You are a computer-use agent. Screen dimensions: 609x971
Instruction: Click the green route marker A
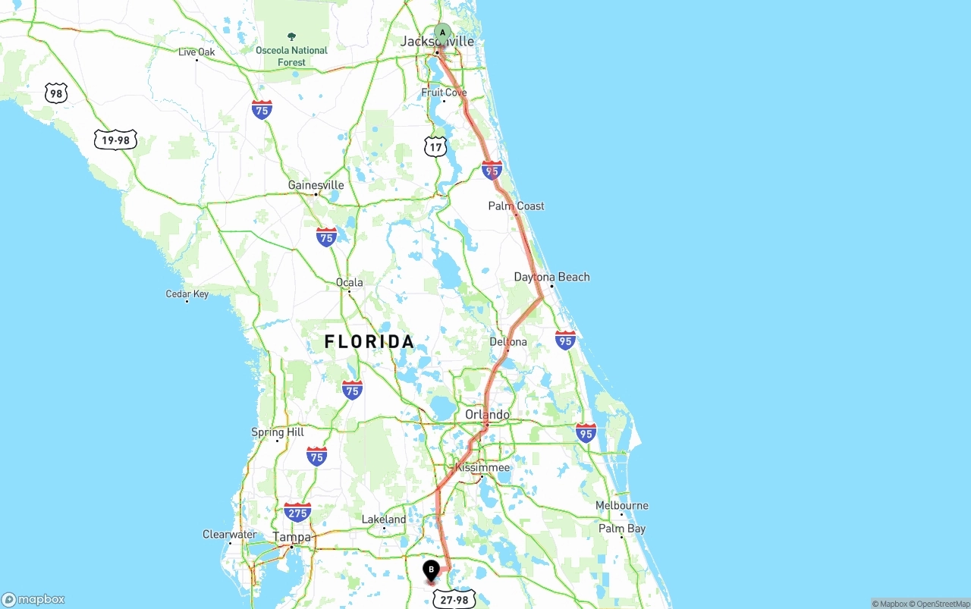pos(442,33)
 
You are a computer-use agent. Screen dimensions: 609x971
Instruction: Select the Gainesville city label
pos(316,185)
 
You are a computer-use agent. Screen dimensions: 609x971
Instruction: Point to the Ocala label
pos(350,282)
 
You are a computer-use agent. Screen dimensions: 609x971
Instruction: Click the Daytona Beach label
pos(551,277)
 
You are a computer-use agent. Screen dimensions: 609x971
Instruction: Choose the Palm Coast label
pos(516,206)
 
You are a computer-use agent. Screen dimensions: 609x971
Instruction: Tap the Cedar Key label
pos(187,294)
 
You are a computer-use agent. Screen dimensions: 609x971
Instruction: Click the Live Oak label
pos(196,52)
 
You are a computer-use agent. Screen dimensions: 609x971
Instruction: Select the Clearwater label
pos(229,534)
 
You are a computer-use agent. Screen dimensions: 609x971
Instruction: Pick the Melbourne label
pos(621,505)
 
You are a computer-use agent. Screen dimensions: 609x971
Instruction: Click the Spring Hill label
pos(278,432)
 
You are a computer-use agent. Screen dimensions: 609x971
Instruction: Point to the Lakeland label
pos(384,520)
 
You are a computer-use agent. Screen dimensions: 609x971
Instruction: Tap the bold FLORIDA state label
pos(369,342)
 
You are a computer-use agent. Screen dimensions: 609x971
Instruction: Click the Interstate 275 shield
pos(297,512)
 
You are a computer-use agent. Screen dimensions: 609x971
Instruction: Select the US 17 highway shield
pos(435,147)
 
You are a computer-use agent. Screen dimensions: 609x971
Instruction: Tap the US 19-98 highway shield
pos(115,140)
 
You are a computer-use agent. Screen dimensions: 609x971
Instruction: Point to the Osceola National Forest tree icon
pos(291,36)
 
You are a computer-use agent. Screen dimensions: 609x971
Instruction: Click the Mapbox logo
pos(33,599)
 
